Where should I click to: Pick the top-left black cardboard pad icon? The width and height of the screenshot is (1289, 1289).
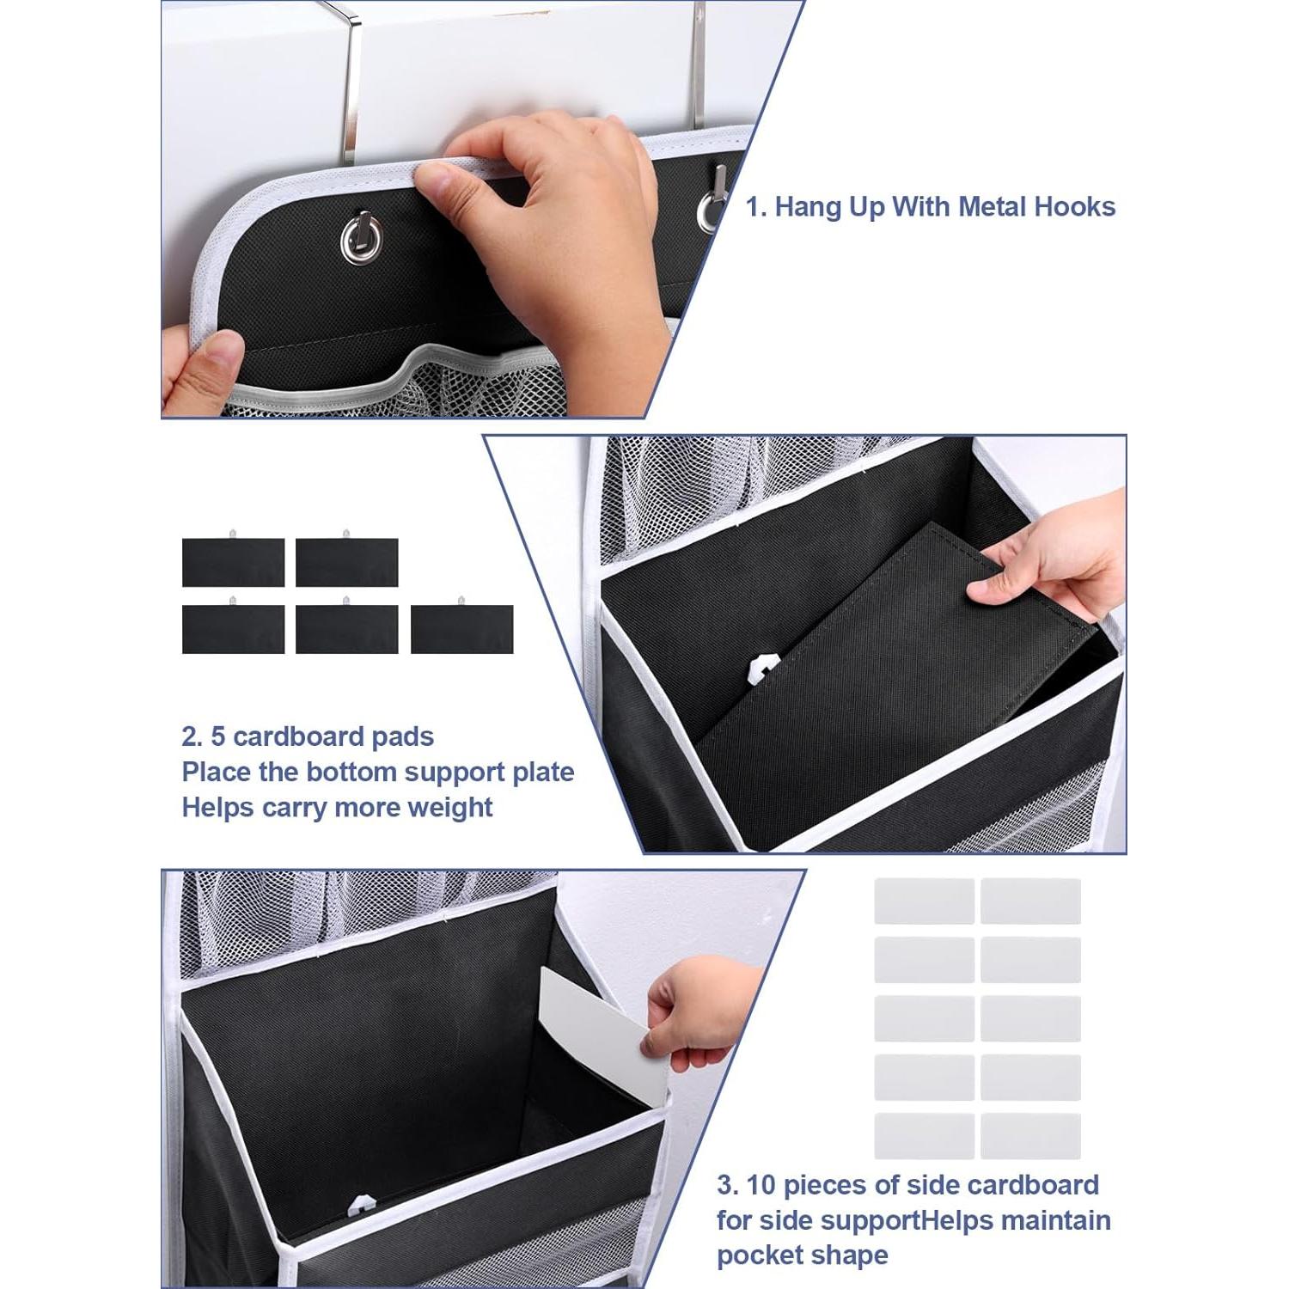point(233,562)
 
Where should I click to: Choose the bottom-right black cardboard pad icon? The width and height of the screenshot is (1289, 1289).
point(461,628)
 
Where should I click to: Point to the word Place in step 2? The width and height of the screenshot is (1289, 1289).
point(217,772)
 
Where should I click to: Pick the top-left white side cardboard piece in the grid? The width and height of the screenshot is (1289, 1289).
point(924,901)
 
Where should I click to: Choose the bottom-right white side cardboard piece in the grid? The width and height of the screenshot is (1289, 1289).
point(1030,1135)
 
